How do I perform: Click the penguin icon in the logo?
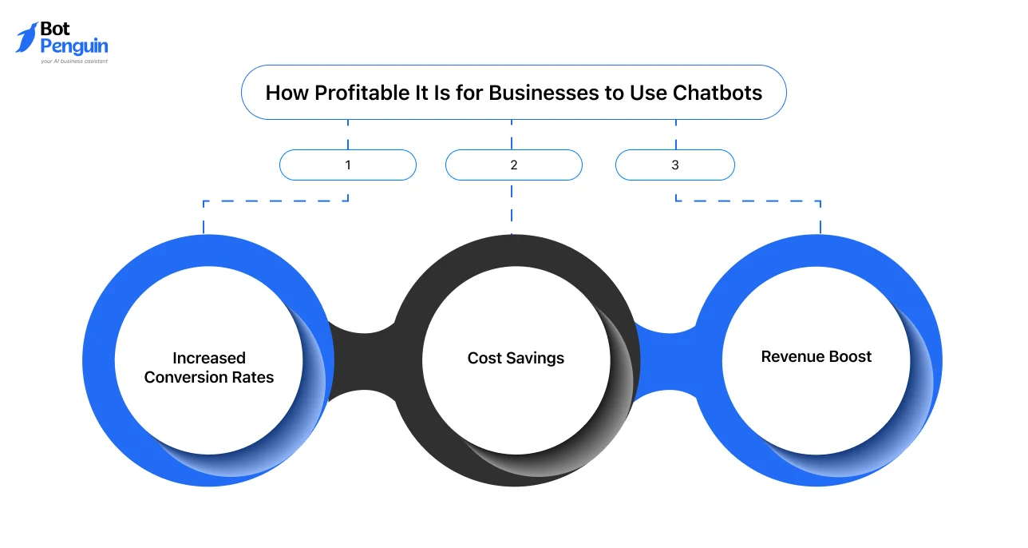26,38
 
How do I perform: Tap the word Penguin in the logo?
73,46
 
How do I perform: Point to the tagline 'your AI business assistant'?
73,61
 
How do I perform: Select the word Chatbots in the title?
717,93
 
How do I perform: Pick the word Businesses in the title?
543,93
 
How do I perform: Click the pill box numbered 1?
348,165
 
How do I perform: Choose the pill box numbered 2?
514,165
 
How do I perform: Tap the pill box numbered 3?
675,165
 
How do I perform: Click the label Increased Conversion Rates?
209,367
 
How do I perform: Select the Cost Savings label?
516,359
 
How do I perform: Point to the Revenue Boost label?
816,357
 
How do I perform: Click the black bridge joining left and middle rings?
363,359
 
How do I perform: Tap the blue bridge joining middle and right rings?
667,359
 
